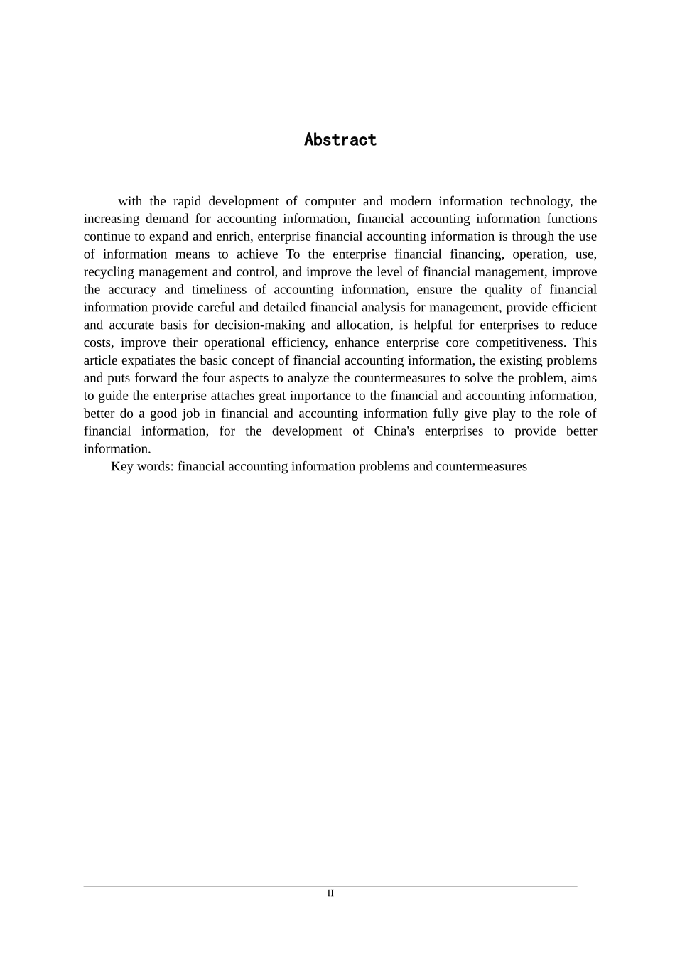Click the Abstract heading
[340, 139]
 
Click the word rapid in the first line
[187, 201]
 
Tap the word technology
[541, 201]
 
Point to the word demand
[167, 219]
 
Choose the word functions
[571, 219]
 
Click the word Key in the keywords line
[121, 467]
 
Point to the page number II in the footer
[330, 893]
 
